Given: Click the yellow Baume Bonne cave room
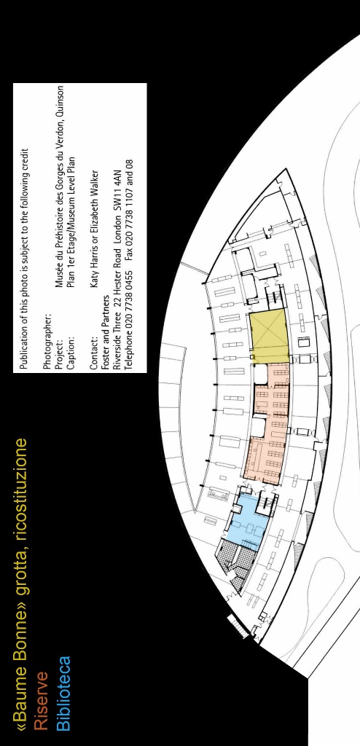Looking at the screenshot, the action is click(269, 335).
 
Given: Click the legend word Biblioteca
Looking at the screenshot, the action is click(63, 694).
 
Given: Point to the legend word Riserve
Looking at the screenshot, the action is click(41, 701).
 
